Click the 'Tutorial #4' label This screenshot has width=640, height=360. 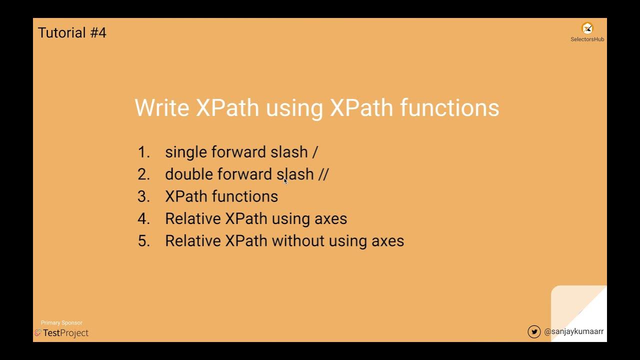72,33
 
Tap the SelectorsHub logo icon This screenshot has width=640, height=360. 587,28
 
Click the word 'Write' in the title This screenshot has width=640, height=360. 162,108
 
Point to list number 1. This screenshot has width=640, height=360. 143,152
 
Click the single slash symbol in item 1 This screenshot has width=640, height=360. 315,152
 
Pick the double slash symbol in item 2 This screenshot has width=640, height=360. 323,174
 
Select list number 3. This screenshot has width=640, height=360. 143,196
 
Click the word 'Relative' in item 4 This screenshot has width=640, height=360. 193,218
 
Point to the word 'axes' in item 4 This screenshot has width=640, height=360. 330,219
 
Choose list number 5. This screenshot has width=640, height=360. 143,241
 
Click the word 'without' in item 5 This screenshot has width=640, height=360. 298,241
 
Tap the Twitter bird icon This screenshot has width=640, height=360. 534,331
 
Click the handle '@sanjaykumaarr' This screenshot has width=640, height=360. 573,331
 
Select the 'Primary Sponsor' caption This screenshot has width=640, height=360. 61,323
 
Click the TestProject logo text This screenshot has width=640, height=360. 65,333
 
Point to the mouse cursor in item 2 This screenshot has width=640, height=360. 285,181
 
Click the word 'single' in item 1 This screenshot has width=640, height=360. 186,152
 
